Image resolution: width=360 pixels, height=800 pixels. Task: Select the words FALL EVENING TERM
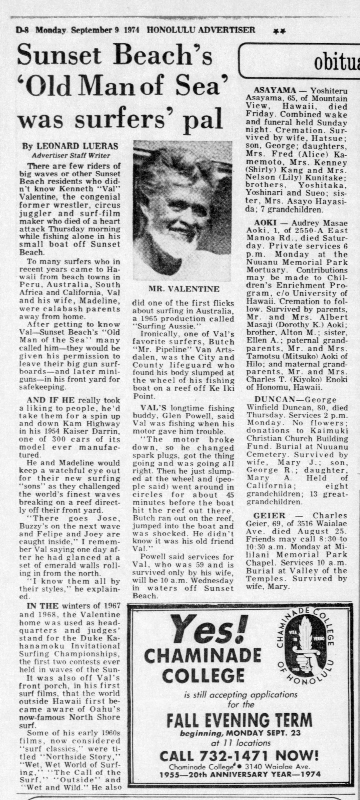click(x=239, y=721)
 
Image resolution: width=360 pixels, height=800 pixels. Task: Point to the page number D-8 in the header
click(x=24, y=30)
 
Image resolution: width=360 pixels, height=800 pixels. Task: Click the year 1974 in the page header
click(x=131, y=30)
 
